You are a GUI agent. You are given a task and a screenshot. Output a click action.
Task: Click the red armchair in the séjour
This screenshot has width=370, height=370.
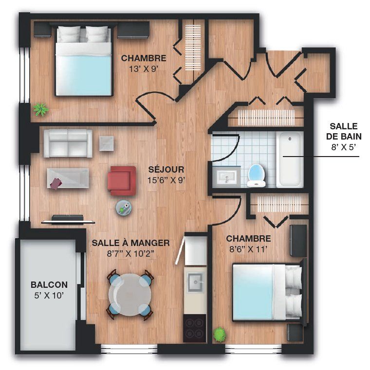pyautogui.click(x=121, y=181)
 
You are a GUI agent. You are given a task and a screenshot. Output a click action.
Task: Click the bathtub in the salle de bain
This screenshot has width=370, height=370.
pyautogui.click(x=290, y=160)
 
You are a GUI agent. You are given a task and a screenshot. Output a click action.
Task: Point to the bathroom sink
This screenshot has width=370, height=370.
pyautogui.click(x=227, y=176)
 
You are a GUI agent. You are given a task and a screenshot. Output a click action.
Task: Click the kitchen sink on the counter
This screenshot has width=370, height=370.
pyautogui.click(x=195, y=282)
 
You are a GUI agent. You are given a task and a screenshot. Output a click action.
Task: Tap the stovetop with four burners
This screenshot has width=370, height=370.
pyautogui.click(x=195, y=328)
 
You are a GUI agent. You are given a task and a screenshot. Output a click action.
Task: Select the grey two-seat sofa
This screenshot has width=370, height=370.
pyautogui.click(x=68, y=143)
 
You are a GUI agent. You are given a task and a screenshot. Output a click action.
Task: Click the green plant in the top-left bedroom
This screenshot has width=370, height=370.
pyautogui.click(x=41, y=109)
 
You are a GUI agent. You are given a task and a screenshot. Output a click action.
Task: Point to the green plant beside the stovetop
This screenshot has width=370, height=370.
pyautogui.click(x=220, y=335)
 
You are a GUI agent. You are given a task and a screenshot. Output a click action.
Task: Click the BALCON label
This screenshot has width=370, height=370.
pyautogui.click(x=49, y=284)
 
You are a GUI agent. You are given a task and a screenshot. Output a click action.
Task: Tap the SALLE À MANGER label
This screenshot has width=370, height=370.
pyautogui.click(x=130, y=243)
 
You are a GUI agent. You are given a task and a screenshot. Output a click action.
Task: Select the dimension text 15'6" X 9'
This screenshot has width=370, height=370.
pyautogui.click(x=166, y=180)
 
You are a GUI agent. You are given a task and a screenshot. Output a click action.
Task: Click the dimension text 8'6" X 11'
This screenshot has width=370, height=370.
pyautogui.click(x=248, y=249)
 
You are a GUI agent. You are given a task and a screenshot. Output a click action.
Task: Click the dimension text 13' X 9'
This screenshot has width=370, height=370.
pyautogui.click(x=144, y=69)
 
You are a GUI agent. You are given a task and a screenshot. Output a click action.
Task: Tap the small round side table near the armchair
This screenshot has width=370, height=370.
pyautogui.click(x=124, y=208)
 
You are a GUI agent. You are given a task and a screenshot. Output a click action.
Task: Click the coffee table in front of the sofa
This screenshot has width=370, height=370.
pyautogui.click(x=68, y=178)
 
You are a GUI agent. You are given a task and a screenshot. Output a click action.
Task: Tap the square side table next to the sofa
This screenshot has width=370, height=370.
pyautogui.click(x=106, y=143)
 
